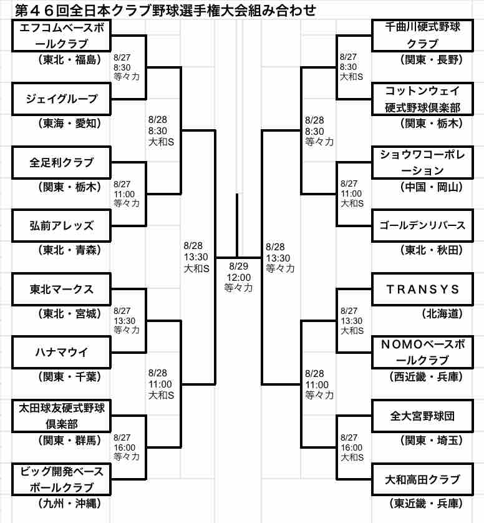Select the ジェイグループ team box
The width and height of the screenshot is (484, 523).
pyautogui.click(x=61, y=99)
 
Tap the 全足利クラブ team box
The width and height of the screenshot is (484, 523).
pyautogui.click(x=61, y=162)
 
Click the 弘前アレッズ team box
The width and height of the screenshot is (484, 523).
pyautogui.click(x=61, y=225)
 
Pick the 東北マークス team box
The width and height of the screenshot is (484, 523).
pyautogui.click(x=61, y=289)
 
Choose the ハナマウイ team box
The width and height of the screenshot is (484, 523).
pyautogui.click(x=61, y=353)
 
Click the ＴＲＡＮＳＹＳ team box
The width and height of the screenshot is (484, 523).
pyautogui.click(x=422, y=289)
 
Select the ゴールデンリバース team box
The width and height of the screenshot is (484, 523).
pyautogui.click(x=422, y=225)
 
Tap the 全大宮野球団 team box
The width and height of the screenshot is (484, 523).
pyautogui.click(x=422, y=416)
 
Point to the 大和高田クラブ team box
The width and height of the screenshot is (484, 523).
pyautogui.click(x=422, y=479)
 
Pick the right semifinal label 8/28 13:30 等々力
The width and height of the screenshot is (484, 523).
pyautogui.click(x=279, y=257)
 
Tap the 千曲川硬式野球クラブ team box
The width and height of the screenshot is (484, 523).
pyautogui.click(x=422, y=35)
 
